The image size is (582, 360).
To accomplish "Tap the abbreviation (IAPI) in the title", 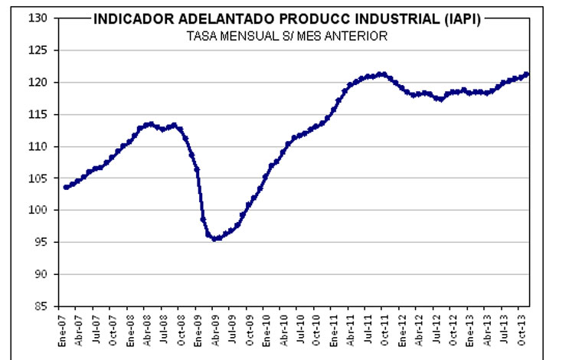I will [460, 20].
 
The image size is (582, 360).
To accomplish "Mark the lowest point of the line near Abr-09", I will [216, 239].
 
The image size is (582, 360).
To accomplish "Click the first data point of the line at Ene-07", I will [66, 187].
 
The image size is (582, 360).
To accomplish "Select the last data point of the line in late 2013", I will [527, 74].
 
